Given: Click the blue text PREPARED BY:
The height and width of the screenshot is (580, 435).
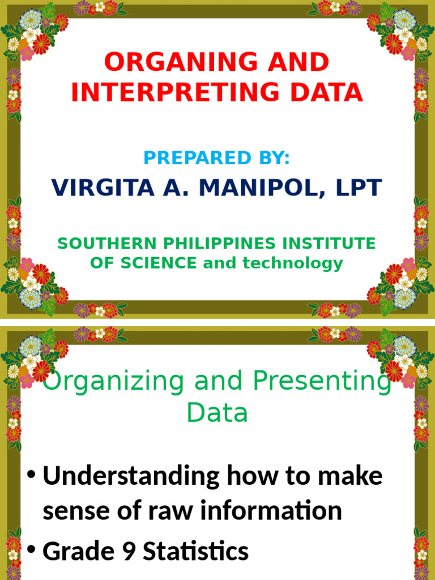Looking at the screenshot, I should point(217,158).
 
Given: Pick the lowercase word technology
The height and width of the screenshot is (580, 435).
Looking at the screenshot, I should point(293,263).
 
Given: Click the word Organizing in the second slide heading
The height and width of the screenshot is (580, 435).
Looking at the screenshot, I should point(114,382).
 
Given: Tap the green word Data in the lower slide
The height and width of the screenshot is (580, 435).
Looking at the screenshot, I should point(217,413).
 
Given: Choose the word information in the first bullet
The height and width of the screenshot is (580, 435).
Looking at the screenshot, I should point(272,511).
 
